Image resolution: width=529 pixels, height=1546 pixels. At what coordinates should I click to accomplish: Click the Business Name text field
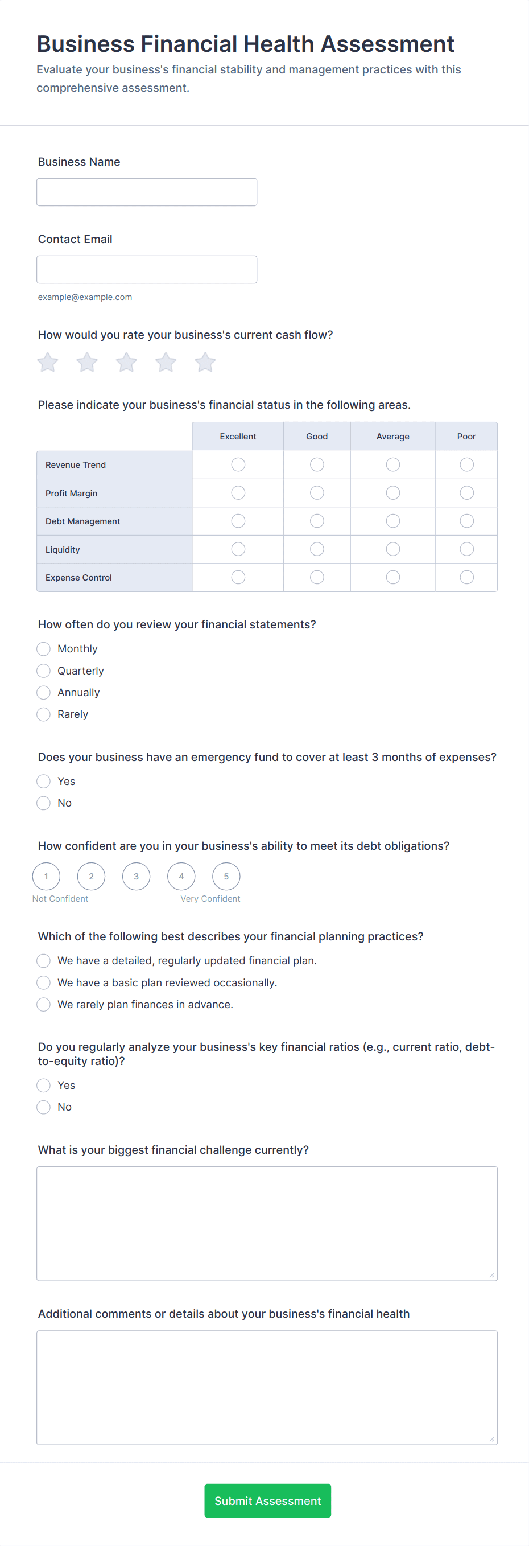point(146,192)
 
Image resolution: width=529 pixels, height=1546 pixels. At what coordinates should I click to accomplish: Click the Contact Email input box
point(146,269)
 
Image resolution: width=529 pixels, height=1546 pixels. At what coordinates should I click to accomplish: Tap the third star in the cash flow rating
point(126,362)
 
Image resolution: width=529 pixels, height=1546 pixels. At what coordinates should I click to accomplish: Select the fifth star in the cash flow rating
point(205,362)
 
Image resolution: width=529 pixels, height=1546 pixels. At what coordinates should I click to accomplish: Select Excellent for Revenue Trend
point(238,464)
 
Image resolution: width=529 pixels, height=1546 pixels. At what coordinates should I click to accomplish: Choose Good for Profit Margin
point(317,493)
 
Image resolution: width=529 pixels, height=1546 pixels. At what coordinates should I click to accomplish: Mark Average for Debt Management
point(393,521)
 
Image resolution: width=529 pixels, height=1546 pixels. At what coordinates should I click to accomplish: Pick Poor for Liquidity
point(466,549)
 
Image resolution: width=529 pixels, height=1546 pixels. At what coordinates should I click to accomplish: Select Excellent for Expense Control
point(238,577)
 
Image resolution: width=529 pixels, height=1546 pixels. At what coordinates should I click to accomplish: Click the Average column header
point(393,437)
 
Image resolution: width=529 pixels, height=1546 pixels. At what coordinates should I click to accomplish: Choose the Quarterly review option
point(44,671)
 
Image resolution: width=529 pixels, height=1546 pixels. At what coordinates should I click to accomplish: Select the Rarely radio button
point(44,714)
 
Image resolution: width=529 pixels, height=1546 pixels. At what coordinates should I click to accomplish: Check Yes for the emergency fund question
point(44,781)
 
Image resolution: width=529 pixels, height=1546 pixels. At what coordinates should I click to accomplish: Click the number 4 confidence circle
point(181,876)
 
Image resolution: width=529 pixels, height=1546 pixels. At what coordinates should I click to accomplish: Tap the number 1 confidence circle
point(46,876)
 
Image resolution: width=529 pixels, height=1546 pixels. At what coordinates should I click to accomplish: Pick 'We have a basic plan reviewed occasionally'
point(44,982)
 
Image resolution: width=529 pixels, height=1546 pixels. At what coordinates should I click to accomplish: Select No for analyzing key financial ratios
point(44,1107)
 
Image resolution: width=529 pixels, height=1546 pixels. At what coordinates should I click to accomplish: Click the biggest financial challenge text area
point(267,1223)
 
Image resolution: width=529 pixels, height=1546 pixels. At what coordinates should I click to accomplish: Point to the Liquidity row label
point(63,550)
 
